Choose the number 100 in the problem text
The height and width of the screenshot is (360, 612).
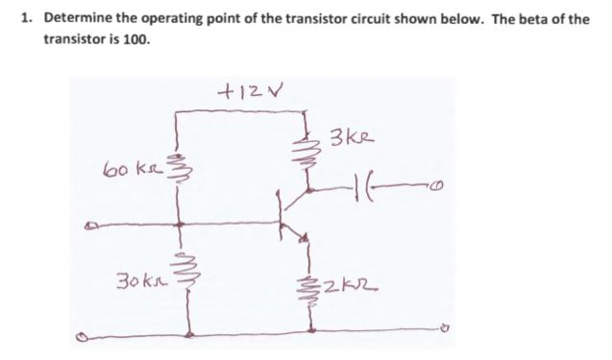[x=135, y=42]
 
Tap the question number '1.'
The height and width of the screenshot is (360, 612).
[x=27, y=19]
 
